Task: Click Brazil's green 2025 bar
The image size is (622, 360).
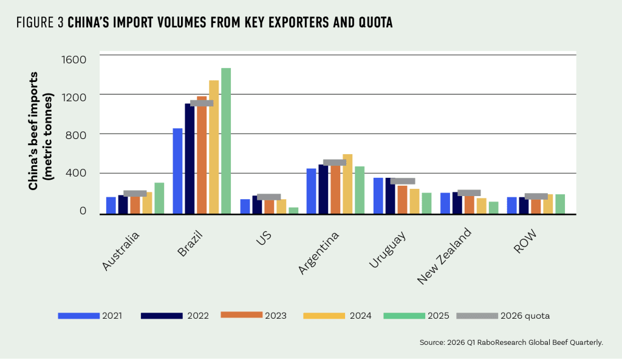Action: tap(226, 141)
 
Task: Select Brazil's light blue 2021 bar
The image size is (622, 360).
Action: tap(177, 171)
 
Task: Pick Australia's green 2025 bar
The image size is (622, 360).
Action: tap(159, 198)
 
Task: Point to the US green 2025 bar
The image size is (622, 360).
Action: tap(293, 211)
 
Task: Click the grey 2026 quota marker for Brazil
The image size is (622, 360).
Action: tap(202, 103)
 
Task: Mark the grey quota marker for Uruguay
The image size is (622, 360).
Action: tap(403, 181)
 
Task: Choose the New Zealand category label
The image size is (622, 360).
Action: tap(445, 256)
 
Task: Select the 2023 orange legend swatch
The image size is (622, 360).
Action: tap(241, 315)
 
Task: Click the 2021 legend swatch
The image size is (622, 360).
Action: tap(78, 316)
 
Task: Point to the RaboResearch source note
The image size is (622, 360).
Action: tap(511, 343)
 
